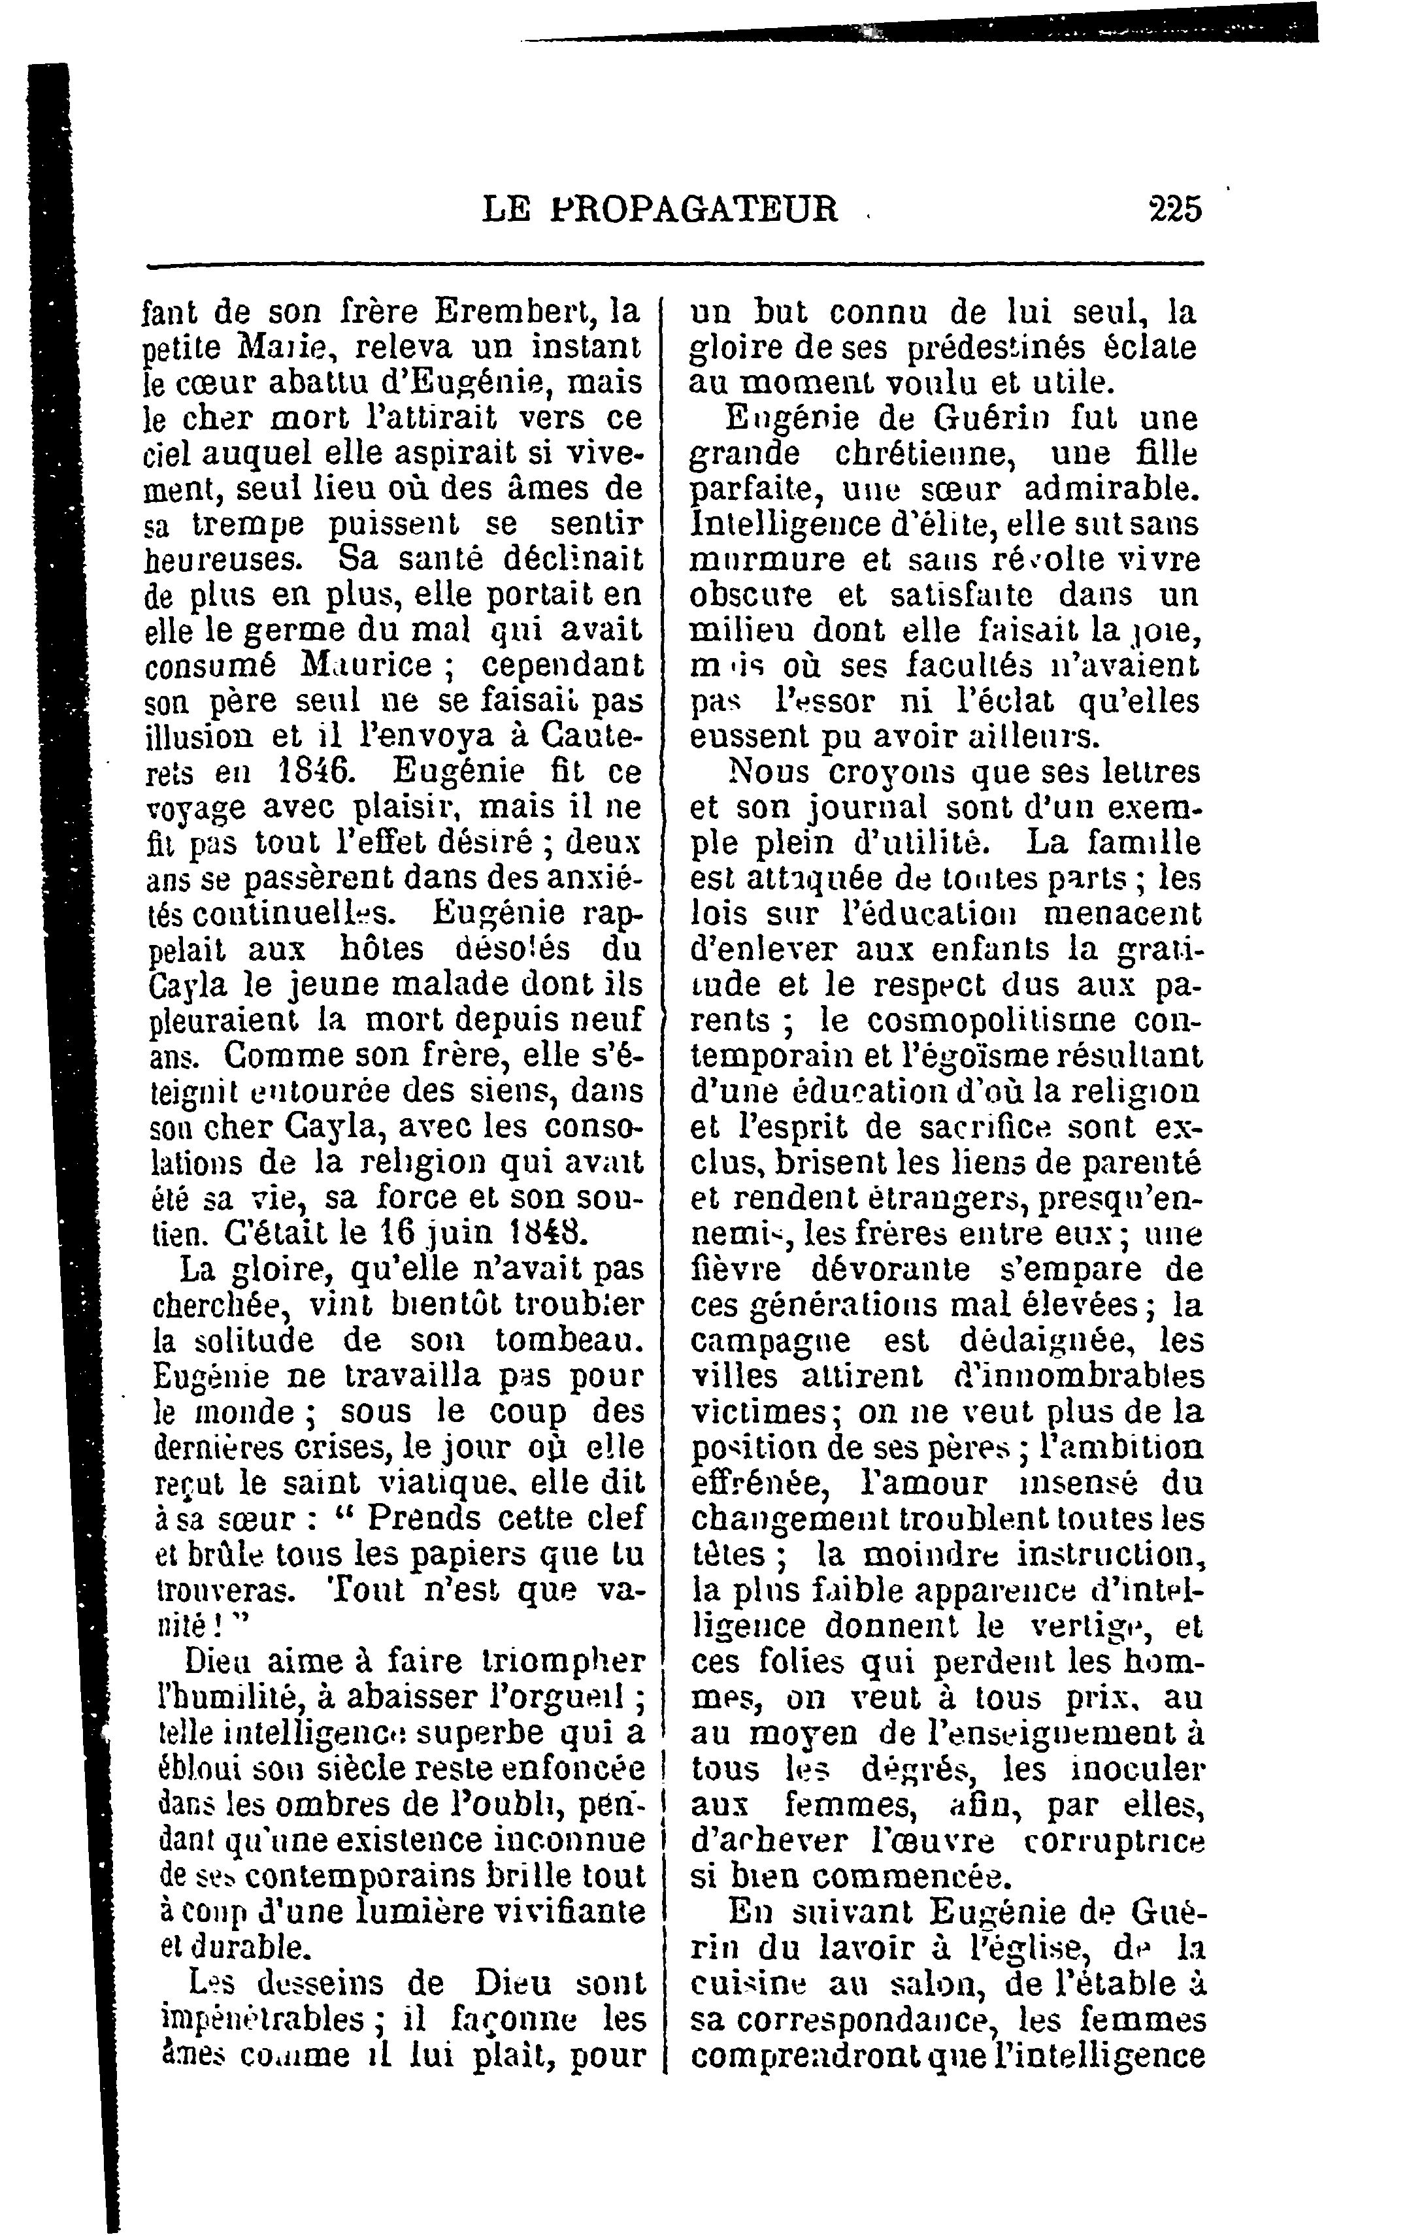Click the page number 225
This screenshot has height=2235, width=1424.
1174,208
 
